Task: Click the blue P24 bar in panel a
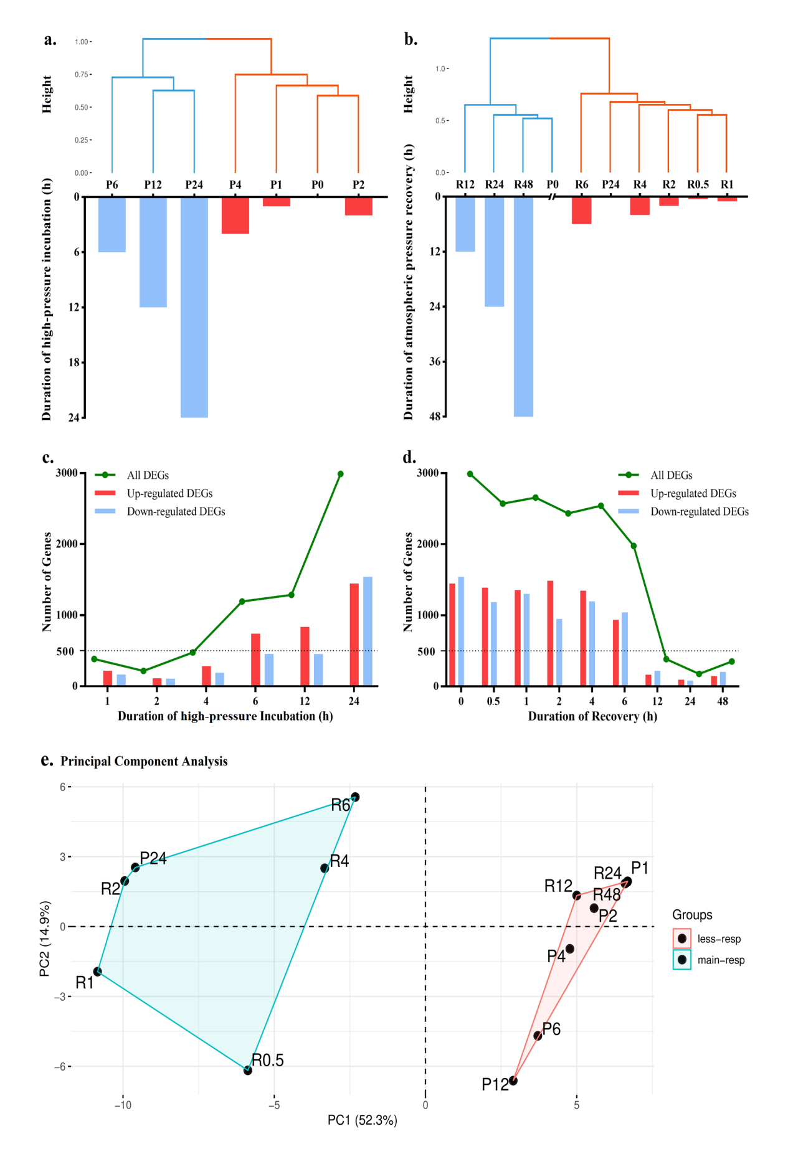[x=194, y=307]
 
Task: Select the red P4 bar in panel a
[x=235, y=215]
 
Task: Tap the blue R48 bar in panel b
[x=523, y=306]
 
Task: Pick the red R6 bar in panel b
[x=581, y=211]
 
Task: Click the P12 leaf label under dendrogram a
[x=153, y=185]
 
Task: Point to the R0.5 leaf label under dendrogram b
[x=698, y=185]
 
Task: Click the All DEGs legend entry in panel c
[x=147, y=475]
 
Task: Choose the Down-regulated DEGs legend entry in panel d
[x=699, y=511]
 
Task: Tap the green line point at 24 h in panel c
[x=340, y=474]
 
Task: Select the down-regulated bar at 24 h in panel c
[x=368, y=631]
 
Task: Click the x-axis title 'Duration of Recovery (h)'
[x=592, y=716]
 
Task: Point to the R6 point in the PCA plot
[x=355, y=797]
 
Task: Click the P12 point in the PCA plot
[x=513, y=1081]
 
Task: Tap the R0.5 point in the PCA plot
[x=247, y=1071]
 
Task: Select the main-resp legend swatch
[x=682, y=960]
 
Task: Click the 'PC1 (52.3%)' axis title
[x=362, y=1120]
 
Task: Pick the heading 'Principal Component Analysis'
[x=144, y=761]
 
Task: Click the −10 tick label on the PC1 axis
[x=123, y=1105]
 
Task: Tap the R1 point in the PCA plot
[x=97, y=972]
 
